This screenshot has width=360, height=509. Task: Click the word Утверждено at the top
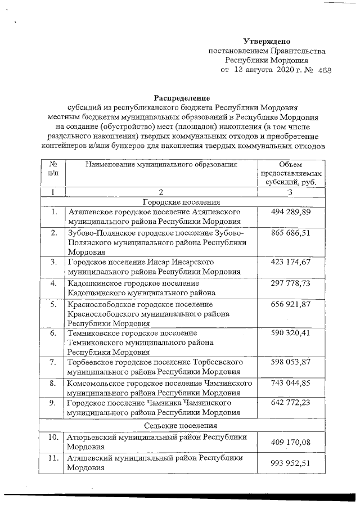(266, 41)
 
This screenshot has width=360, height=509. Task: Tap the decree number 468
(325, 71)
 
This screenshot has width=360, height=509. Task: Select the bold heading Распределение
(179, 98)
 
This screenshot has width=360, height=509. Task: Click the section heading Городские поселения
(180, 202)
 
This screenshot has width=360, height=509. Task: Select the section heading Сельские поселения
(180, 426)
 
